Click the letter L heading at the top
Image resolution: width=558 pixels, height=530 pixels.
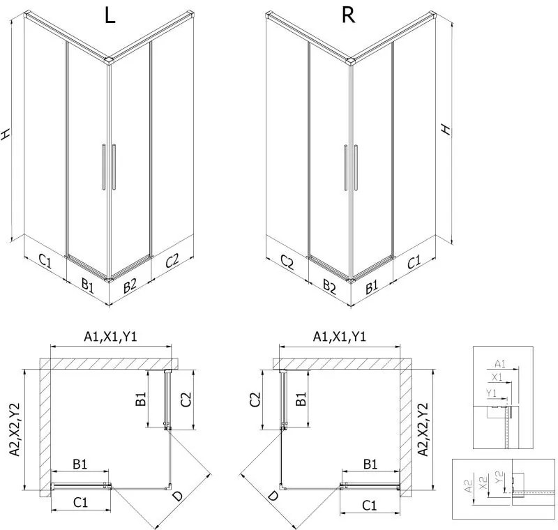(x=110, y=15)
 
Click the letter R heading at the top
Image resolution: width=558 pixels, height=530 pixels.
(x=349, y=15)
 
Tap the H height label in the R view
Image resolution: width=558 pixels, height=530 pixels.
(x=445, y=130)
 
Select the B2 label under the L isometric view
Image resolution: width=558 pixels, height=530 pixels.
(x=130, y=286)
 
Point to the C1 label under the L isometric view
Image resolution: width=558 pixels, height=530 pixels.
(x=44, y=262)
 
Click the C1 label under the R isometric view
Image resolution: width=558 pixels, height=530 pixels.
(x=414, y=262)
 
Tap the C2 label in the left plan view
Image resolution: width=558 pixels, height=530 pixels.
(x=186, y=400)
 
